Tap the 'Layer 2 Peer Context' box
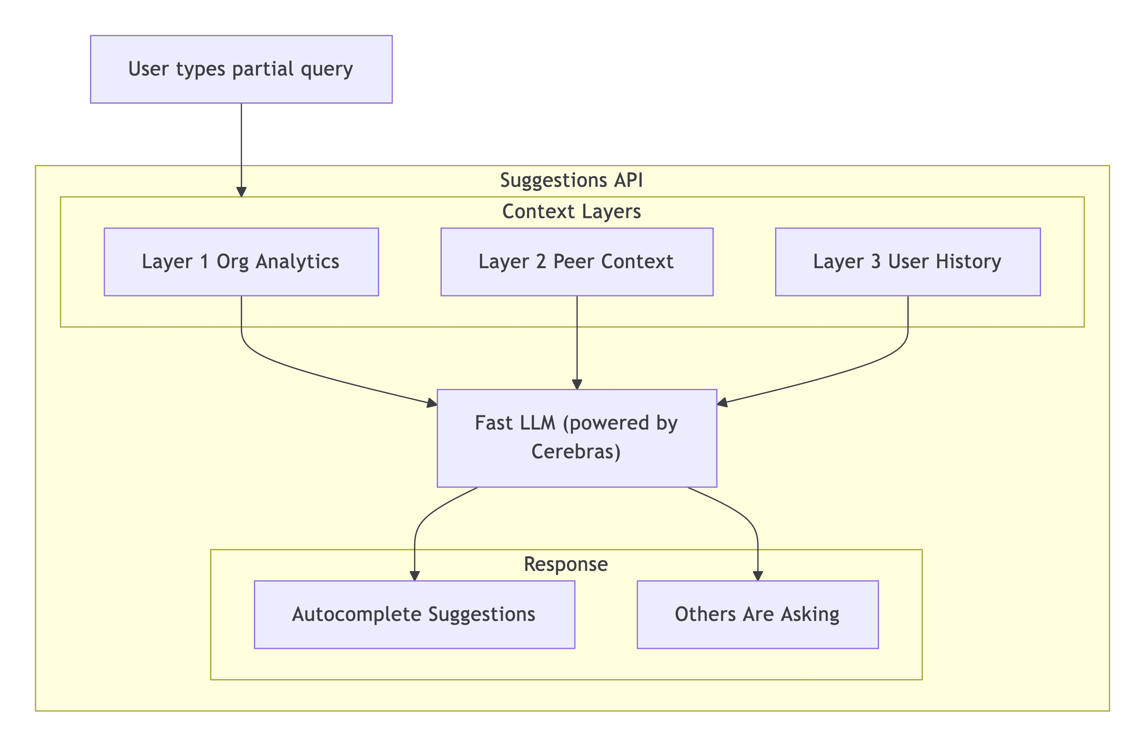[x=576, y=261]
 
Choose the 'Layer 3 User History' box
[x=907, y=261]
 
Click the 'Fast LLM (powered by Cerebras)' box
[x=576, y=438]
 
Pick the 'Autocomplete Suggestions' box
[x=414, y=615]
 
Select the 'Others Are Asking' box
[x=757, y=615]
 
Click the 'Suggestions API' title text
[x=571, y=180]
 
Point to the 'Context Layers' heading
[x=571, y=212]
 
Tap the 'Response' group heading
[x=565, y=564]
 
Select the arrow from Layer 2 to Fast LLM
[x=577, y=342]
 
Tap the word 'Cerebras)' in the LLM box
[x=576, y=452]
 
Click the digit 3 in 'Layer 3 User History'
[x=875, y=261]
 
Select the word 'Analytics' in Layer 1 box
[x=297, y=261]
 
